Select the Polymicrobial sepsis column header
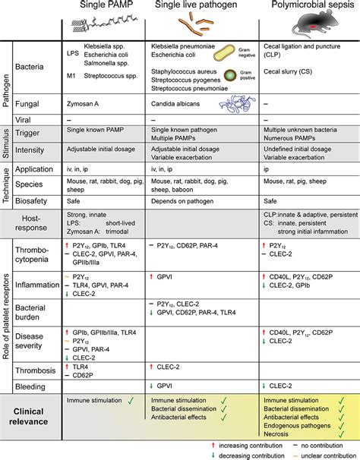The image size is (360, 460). [x=310, y=6]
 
